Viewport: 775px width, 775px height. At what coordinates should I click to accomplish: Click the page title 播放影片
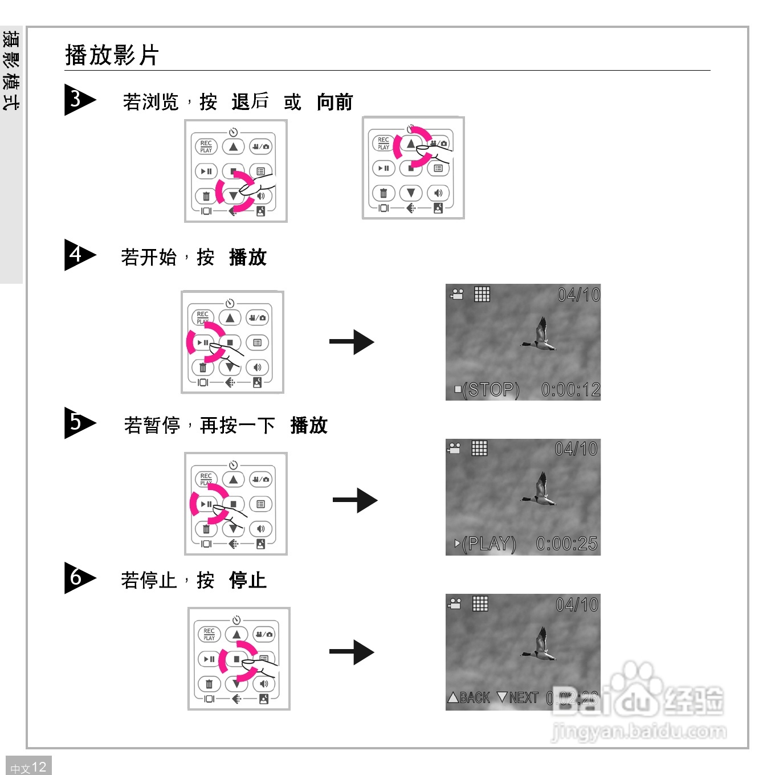(112, 55)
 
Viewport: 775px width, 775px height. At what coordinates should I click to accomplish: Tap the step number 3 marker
(77, 99)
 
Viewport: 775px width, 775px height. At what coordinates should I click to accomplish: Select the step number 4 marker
(77, 254)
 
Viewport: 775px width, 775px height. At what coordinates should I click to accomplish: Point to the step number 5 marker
(77, 422)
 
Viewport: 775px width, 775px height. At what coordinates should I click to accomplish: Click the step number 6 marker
(77, 578)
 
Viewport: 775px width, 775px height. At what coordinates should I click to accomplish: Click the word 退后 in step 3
(250, 102)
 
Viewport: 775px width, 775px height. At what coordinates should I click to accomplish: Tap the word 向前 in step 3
(335, 102)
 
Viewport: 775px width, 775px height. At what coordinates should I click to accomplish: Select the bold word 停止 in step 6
(248, 580)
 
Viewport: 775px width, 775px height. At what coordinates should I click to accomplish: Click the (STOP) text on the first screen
(491, 390)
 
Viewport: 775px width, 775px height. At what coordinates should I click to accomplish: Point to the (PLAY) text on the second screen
(489, 544)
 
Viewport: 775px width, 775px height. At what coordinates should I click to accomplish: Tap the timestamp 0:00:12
(570, 390)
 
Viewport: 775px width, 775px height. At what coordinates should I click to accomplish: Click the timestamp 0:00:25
(567, 544)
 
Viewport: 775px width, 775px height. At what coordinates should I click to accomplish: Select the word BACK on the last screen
(474, 697)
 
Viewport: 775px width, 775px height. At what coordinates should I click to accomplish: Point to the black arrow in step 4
(352, 342)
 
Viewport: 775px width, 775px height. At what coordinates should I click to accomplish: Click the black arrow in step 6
(352, 652)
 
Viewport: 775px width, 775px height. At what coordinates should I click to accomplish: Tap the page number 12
(39, 767)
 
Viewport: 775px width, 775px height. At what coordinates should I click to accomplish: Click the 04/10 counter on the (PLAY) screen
(576, 449)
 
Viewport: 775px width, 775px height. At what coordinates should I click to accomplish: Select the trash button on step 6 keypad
(209, 684)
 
